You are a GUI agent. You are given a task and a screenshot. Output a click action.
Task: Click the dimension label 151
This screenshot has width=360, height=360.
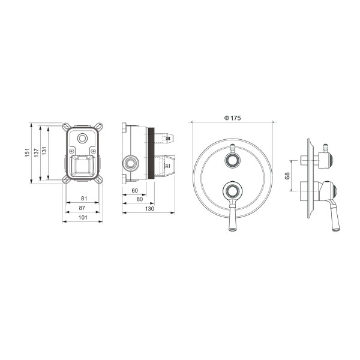click(x=27, y=154)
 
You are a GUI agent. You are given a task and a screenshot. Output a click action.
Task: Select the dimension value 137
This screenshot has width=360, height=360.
click(x=37, y=154)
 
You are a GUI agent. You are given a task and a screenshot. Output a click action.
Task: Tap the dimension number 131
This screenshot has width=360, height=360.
click(x=46, y=154)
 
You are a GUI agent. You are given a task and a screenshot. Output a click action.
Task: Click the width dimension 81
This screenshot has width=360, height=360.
click(x=83, y=199)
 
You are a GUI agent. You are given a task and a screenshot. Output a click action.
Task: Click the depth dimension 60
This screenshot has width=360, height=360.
click(x=134, y=191)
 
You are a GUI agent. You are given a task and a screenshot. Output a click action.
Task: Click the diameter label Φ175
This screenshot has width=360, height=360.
click(x=232, y=119)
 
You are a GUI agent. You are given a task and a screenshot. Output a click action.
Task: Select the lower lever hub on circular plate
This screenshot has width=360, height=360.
click(x=232, y=192)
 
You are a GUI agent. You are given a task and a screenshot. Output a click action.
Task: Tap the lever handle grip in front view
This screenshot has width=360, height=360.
click(x=232, y=223)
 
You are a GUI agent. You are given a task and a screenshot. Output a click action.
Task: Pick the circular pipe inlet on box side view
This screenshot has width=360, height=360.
click(x=130, y=163)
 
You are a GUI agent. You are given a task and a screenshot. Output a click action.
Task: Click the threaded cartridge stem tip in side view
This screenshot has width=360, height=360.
click(x=172, y=140)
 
